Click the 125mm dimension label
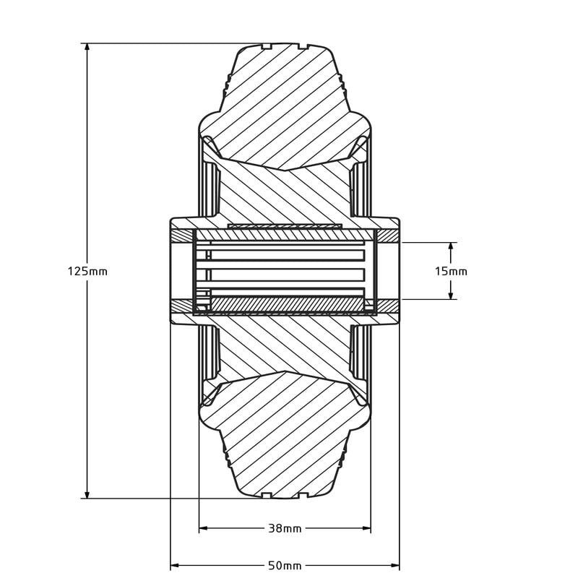point(87,272)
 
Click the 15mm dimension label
point(451,272)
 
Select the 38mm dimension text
point(285,529)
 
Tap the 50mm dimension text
point(285,565)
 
